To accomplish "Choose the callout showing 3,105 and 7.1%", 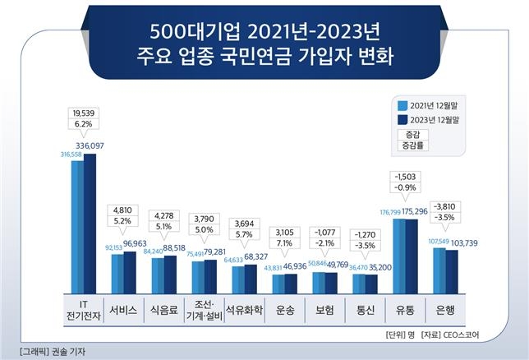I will pyautogui.click(x=285, y=226).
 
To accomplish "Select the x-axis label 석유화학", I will pyautogui.click(x=245, y=312).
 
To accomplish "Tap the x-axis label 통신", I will pyautogui.click(x=366, y=312).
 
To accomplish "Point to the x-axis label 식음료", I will pyautogui.click(x=164, y=312).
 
